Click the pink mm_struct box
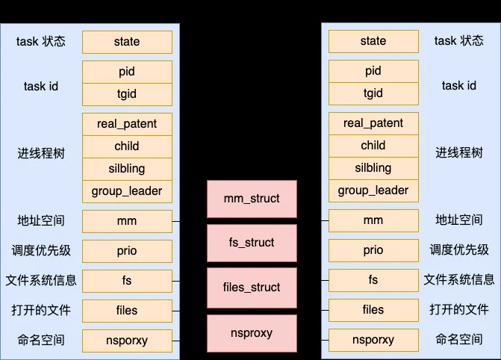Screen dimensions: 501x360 (252, 199)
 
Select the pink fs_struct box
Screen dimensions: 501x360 (252, 243)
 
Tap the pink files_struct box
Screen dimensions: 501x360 (252, 288)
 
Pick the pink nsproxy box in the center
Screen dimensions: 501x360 (252, 333)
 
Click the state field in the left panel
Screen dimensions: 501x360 (127, 42)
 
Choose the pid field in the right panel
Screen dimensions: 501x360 (373, 71)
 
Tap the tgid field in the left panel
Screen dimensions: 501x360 (127, 94)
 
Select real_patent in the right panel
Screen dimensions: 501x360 (373, 123)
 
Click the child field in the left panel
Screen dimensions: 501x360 (127, 146)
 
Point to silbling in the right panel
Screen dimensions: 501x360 (373, 168)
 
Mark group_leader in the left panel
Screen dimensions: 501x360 (127, 191)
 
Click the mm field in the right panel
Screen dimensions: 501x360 (373, 220)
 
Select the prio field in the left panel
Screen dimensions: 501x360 (127, 251)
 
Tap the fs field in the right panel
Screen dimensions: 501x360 (373, 280)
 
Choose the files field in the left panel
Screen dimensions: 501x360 (127, 311)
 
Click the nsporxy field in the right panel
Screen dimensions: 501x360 (373, 340)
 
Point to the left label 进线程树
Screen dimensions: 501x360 (41, 153)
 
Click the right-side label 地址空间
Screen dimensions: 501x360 (459, 220)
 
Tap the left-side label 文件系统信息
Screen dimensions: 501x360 (41, 280)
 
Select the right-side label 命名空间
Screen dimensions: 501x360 (459, 339)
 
